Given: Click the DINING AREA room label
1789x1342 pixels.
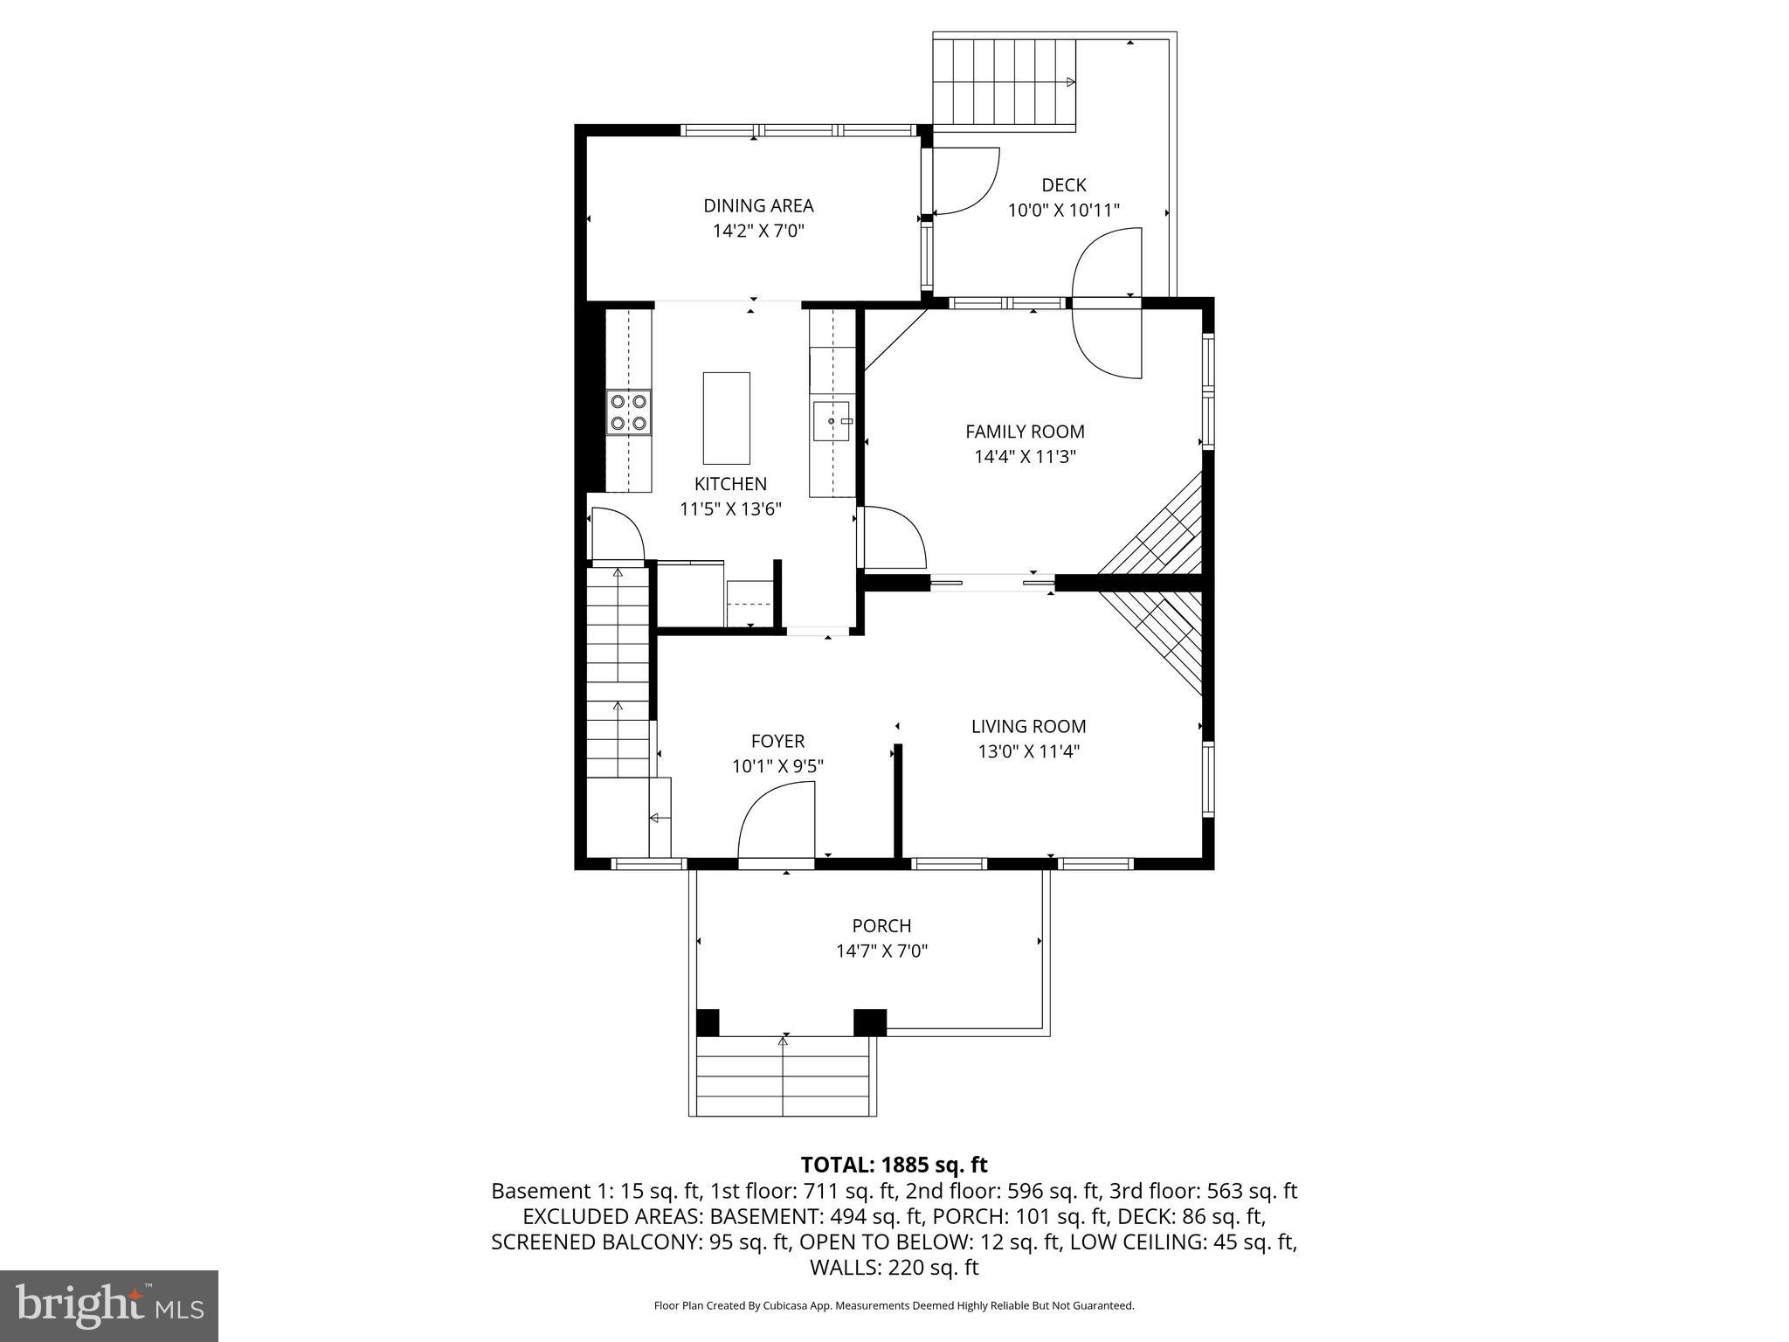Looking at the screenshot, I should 758,206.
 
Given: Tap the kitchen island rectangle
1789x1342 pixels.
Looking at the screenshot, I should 726,418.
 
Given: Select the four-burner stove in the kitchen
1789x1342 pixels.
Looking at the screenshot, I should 629,412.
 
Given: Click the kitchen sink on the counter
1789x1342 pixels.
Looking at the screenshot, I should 832,422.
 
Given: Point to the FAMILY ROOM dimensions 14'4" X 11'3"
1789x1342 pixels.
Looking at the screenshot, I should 1025,457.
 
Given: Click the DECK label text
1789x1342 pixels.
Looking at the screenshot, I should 1063,185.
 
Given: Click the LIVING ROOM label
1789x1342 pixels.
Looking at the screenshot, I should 1028,726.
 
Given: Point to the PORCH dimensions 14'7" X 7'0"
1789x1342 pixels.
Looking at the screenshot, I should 881,951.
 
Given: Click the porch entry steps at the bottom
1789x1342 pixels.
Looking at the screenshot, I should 783,1076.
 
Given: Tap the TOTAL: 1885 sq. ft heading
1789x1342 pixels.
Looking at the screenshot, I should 894,1165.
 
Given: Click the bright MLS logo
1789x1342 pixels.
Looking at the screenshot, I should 109,1305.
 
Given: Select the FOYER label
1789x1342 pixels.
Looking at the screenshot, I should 777,742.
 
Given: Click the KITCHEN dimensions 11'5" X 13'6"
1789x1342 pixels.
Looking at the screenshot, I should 730,509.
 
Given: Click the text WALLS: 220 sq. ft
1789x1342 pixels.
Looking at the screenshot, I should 894,1268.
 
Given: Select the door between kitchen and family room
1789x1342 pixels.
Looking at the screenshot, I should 891,537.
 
